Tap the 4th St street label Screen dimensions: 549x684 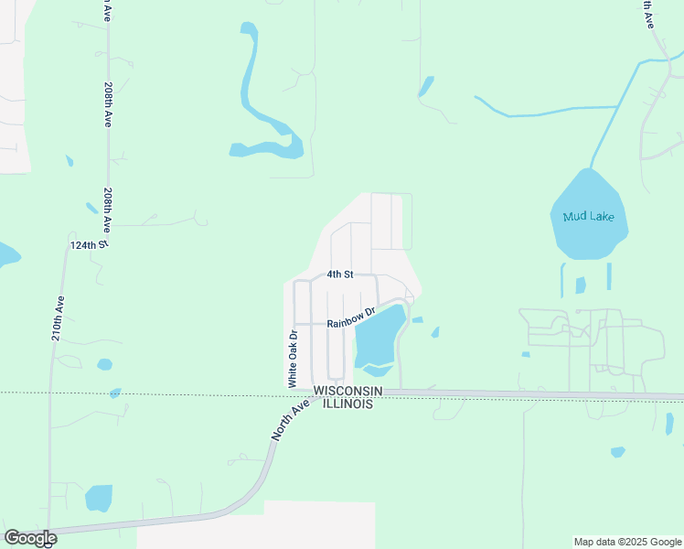pos(340,274)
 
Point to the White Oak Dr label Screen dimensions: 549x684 pos(294,358)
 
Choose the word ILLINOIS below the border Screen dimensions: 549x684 pos(344,404)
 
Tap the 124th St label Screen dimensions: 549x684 pos(89,246)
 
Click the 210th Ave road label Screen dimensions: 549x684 pos(57,318)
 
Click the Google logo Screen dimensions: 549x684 pos(30,538)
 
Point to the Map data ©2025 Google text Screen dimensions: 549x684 pos(627,542)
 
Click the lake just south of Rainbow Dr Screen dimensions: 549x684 pos(377,339)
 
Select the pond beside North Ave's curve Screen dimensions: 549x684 pos(98,498)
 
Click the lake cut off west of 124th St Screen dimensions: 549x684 pos(5,254)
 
